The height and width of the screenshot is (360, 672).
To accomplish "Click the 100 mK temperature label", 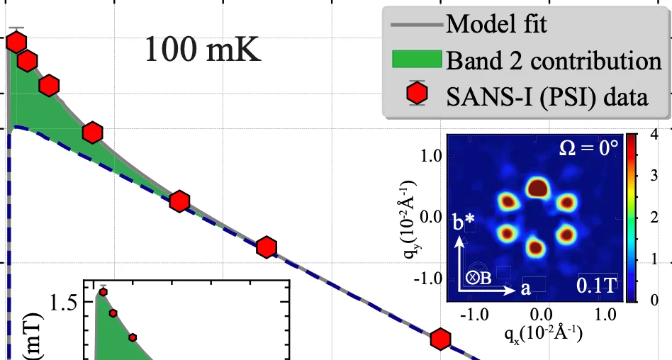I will point(203,50).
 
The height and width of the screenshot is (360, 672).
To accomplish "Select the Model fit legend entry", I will point(495,26).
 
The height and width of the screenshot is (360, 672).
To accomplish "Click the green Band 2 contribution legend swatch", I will point(417,60).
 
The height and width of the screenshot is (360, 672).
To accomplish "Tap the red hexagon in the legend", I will point(418,94).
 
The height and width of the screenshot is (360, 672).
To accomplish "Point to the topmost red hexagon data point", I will point(16,43).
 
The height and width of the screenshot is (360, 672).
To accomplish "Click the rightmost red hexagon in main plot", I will point(441,339).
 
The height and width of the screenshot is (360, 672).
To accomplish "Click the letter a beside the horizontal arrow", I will point(525,288).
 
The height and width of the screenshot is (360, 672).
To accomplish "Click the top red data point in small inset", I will point(103,292).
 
